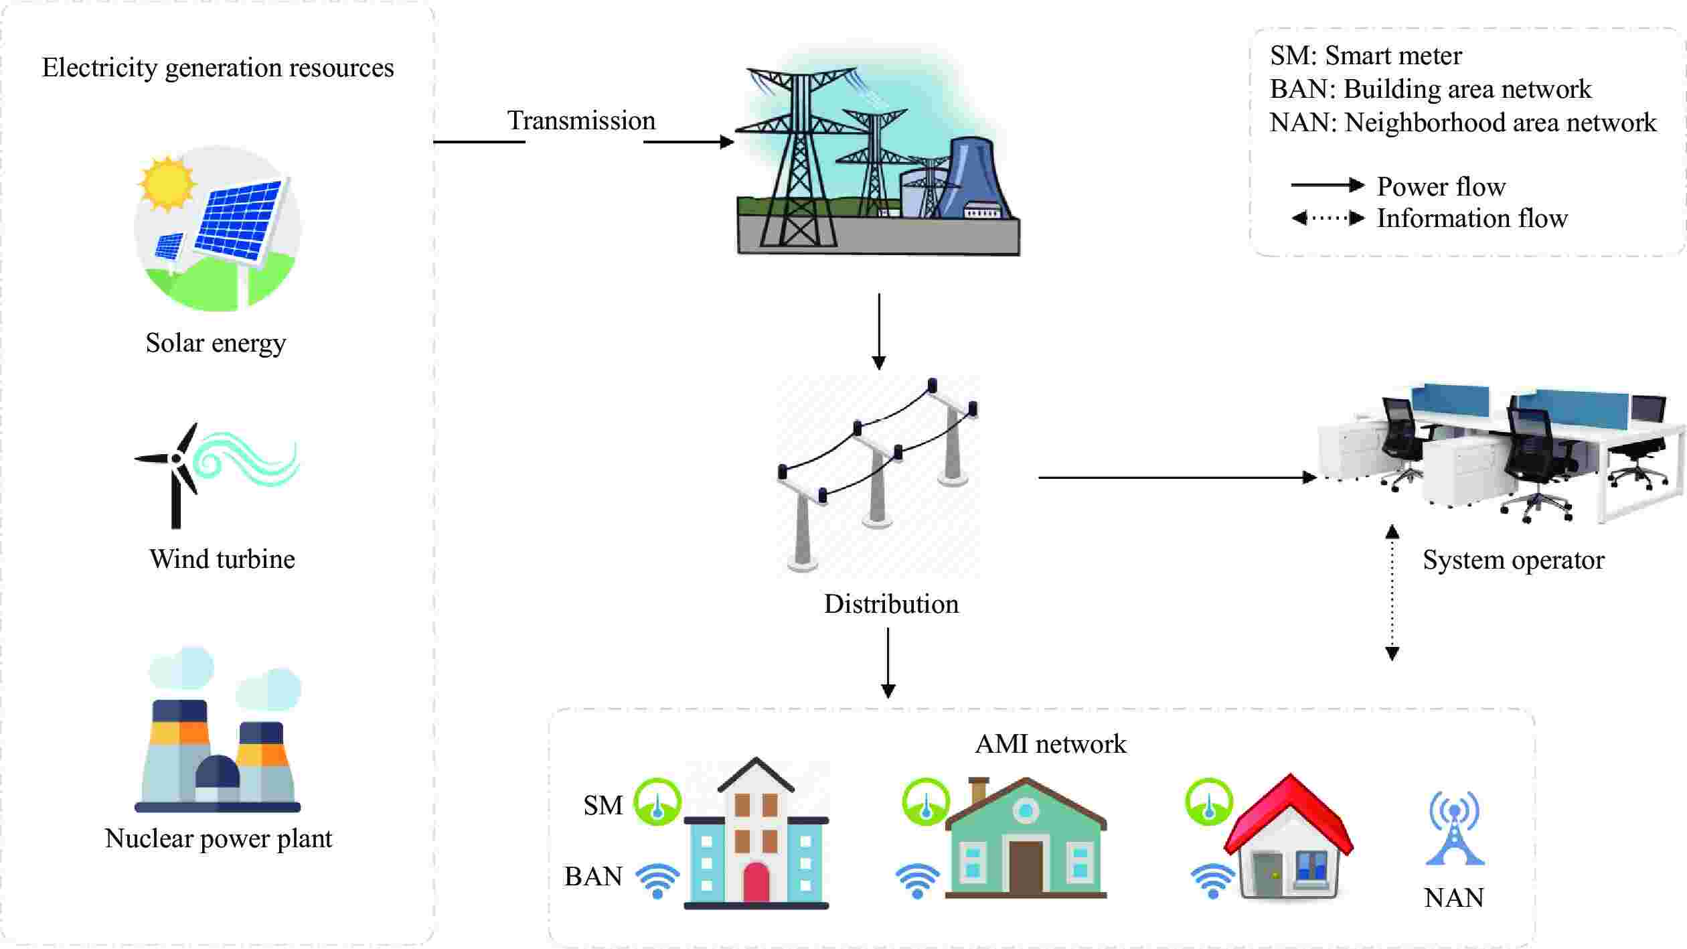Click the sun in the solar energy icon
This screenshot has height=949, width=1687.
coord(166,183)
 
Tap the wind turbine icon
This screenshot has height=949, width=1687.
coord(177,473)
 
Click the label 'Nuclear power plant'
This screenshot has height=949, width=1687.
coord(218,838)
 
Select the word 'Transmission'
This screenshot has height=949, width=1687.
coord(581,121)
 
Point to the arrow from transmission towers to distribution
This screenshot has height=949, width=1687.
coord(879,332)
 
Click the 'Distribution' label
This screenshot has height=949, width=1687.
coord(891,604)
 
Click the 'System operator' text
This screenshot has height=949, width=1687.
coord(1513,560)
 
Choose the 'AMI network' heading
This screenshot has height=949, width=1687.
coord(1050,744)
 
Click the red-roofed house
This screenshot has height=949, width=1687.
coord(1289,841)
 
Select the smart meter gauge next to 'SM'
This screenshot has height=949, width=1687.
coord(657,802)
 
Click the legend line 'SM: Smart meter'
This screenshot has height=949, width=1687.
coord(1366,56)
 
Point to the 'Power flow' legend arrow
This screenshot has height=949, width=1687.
coord(1327,185)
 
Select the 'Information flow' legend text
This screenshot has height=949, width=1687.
coord(1471,218)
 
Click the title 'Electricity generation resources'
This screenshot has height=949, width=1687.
coord(218,68)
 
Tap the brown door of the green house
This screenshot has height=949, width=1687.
coord(1025,867)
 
